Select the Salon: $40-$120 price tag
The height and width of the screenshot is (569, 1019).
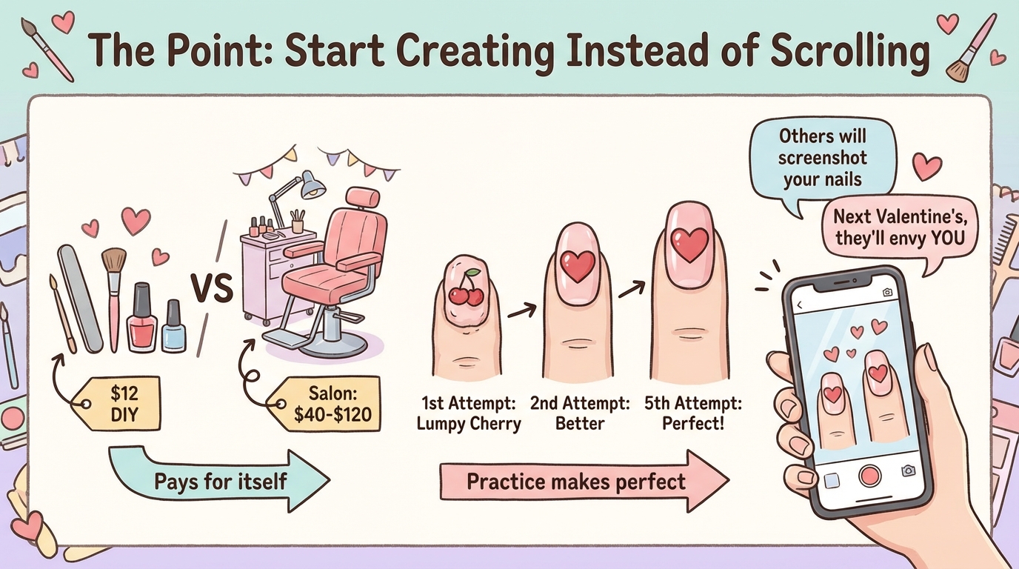click(x=327, y=403)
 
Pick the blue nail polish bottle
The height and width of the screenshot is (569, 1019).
click(x=174, y=326)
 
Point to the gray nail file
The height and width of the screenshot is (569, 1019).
click(x=81, y=299)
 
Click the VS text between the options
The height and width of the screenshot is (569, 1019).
click(x=212, y=288)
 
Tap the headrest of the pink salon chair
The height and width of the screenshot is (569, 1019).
click(x=363, y=198)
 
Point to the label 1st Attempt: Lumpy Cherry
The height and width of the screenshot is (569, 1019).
click(x=469, y=413)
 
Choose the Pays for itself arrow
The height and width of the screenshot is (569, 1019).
click(x=219, y=481)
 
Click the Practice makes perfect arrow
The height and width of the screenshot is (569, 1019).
click(x=584, y=481)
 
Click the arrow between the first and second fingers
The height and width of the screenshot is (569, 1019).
click(x=522, y=311)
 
